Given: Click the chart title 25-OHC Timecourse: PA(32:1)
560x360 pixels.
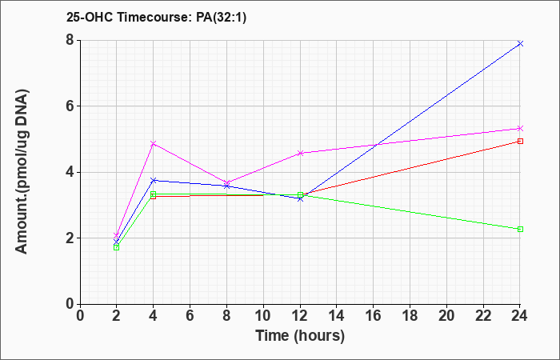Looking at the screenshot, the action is click(x=157, y=17).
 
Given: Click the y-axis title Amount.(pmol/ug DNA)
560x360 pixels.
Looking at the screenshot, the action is click(x=22, y=172).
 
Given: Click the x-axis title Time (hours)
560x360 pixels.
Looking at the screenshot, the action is click(x=300, y=336).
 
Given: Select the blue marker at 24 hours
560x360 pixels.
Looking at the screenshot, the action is click(x=520, y=43).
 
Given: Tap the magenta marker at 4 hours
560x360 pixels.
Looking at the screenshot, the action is click(x=154, y=143).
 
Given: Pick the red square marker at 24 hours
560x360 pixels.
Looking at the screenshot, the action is click(x=520, y=141).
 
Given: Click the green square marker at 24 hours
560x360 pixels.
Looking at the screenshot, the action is click(x=520, y=229).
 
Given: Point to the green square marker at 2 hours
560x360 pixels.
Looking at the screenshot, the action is click(x=117, y=247).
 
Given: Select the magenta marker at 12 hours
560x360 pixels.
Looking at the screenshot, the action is click(x=300, y=153).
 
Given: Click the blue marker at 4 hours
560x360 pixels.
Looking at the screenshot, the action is click(x=154, y=180).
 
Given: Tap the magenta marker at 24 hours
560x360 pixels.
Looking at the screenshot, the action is click(x=520, y=128).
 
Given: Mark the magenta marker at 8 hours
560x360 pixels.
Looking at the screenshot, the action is click(x=226, y=182).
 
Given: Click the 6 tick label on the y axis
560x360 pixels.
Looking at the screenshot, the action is click(x=70, y=106).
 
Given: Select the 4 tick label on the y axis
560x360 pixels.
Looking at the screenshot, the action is click(x=70, y=172).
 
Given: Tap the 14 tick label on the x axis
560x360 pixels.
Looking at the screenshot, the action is click(x=337, y=316).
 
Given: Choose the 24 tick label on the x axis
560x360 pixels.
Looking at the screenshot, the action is click(x=519, y=316).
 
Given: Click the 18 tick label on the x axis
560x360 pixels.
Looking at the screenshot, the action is click(x=410, y=316).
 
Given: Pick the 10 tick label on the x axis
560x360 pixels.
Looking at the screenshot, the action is click(x=263, y=316).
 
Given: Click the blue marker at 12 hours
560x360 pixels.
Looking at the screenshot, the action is click(x=300, y=198).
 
